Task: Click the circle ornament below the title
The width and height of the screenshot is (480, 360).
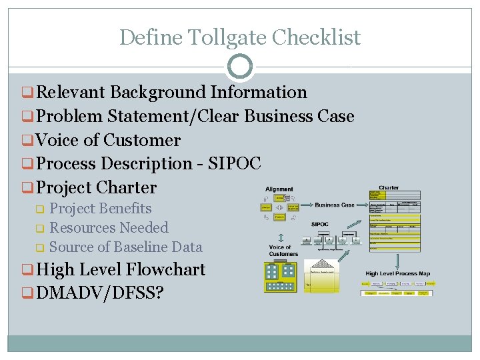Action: coord(239,67)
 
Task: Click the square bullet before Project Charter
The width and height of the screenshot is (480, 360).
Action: coord(28,188)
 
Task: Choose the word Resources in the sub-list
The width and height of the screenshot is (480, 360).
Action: coord(81,228)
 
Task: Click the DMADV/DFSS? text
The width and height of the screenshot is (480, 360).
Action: coord(101,294)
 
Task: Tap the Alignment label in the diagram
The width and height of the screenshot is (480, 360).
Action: coord(279,189)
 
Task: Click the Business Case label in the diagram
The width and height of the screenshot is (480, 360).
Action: coord(335,205)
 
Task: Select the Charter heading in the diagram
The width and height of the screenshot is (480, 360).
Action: coord(389,188)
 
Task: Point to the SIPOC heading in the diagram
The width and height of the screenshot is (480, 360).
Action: coord(320,225)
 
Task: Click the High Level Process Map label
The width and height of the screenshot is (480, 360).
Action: coord(398,273)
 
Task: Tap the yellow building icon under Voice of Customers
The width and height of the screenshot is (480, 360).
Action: coord(279,277)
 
